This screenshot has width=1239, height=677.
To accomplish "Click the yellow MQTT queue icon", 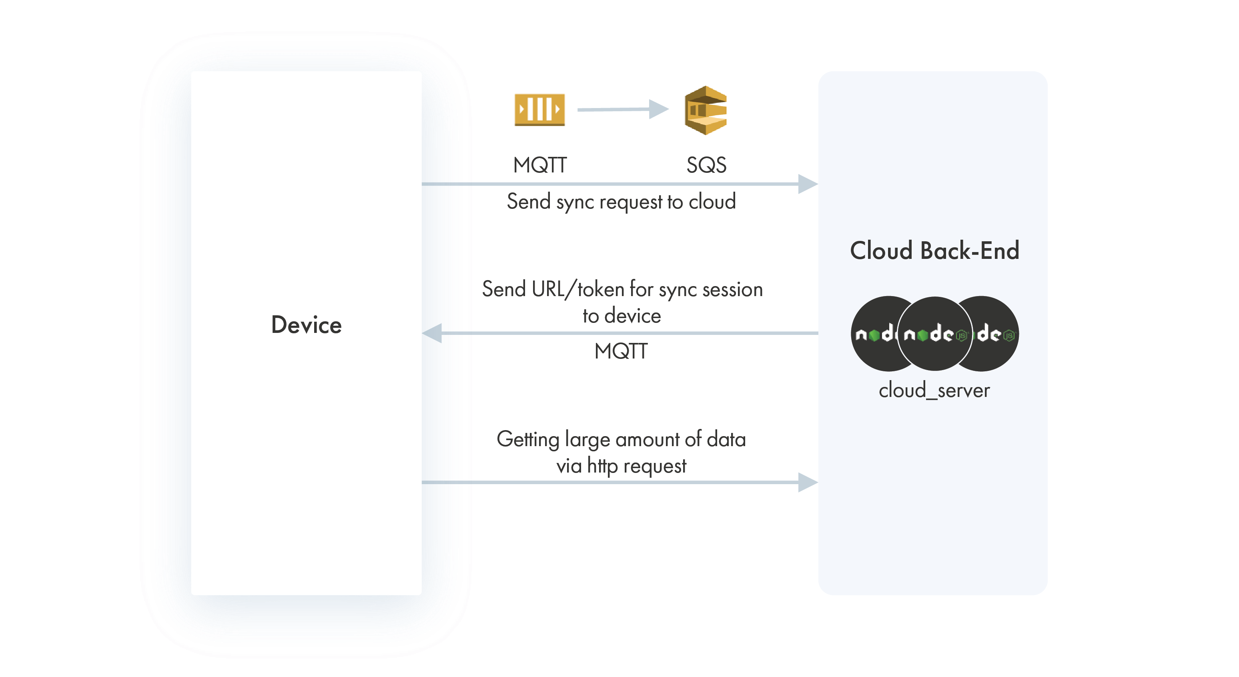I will (539, 110).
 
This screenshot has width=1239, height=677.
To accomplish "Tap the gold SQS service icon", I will (705, 110).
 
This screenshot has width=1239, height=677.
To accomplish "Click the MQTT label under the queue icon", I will (539, 165).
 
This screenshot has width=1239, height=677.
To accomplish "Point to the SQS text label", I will (706, 165).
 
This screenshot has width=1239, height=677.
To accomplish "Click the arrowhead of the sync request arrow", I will (807, 184).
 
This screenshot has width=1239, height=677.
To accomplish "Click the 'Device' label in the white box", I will (307, 324).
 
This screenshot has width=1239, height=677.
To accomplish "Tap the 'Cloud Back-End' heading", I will (934, 250).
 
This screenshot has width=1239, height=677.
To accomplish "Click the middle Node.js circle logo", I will (934, 334).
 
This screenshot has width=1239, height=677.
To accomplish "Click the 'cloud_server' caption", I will (934, 390).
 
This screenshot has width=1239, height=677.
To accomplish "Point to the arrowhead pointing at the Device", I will (432, 333).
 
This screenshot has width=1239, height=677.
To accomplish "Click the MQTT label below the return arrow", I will (621, 351).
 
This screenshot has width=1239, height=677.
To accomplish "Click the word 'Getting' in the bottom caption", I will (527, 439).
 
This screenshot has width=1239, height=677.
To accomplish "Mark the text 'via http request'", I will (621, 466).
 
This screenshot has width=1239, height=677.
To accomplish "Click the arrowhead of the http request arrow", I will (807, 482).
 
